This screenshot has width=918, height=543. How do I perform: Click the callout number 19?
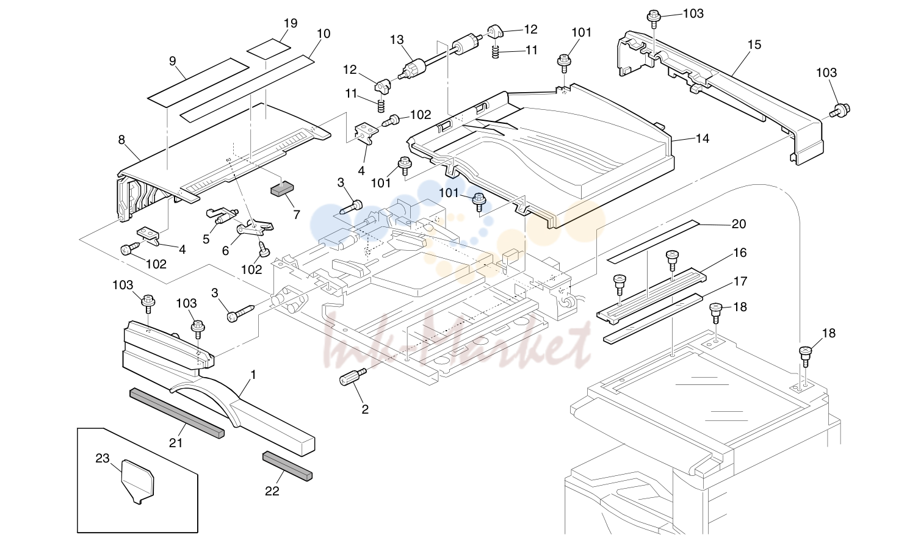(x=291, y=23)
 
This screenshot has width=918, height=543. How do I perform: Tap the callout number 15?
(x=754, y=45)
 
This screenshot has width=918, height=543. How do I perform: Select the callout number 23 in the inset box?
(x=103, y=458)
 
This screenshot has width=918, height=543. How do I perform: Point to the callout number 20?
(x=739, y=224)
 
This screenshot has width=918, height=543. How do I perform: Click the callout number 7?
(x=296, y=215)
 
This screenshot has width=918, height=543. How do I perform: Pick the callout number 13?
(x=397, y=40)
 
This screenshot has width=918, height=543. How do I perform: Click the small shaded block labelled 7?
(x=282, y=190)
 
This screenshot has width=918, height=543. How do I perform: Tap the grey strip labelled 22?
(x=287, y=466)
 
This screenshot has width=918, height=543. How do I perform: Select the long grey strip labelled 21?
(x=177, y=413)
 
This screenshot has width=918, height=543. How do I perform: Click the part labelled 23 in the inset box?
(x=138, y=481)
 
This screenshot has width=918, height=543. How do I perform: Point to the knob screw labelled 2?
(x=353, y=376)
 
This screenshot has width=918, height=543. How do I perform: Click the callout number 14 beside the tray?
(x=703, y=139)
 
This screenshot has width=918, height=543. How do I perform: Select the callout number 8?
(x=121, y=140)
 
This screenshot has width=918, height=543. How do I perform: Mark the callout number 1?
(x=253, y=375)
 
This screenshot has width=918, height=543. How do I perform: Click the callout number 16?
(x=740, y=253)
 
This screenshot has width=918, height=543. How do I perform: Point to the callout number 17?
(x=740, y=281)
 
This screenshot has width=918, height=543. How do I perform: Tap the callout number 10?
(x=323, y=34)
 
